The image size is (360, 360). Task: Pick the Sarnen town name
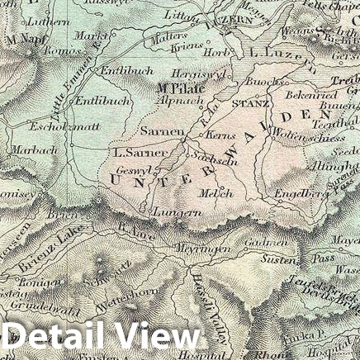[x=158, y=131]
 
